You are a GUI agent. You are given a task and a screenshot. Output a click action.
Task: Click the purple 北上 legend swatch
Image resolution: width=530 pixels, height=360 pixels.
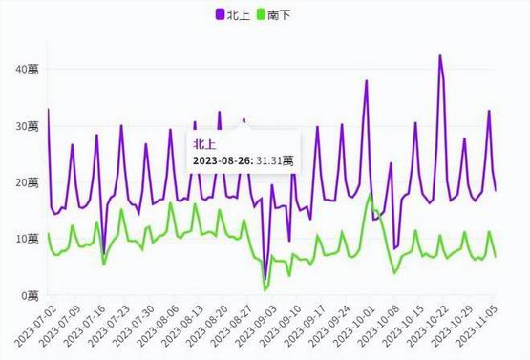pyautogui.click(x=220, y=14)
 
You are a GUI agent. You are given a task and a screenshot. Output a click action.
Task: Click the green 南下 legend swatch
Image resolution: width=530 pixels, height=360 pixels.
pyautogui.click(x=261, y=14)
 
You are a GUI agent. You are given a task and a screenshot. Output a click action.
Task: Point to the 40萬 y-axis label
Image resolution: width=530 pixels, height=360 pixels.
pyautogui.click(x=27, y=70)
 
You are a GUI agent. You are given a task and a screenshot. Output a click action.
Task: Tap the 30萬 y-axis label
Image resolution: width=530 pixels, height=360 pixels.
pyautogui.click(x=27, y=127)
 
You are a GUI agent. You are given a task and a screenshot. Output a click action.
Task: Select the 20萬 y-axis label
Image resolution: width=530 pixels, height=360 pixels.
pyautogui.click(x=27, y=183)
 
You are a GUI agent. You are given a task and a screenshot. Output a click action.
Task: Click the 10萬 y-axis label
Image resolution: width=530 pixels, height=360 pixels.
pyautogui.click(x=27, y=240)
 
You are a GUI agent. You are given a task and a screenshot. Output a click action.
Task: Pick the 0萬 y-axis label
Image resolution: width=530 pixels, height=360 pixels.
pyautogui.click(x=31, y=296)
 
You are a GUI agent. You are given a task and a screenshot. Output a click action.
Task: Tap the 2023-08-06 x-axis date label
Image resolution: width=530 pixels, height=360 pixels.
pyautogui.click(x=157, y=326)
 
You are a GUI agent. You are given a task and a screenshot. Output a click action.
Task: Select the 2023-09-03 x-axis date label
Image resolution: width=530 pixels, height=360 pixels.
pyautogui.click(x=255, y=326)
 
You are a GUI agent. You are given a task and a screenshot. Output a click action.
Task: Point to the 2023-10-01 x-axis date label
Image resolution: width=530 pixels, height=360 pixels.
pyautogui.click(x=353, y=326)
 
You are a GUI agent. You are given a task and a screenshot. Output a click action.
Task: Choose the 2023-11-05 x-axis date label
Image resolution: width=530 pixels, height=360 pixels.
pyautogui.click(x=477, y=326)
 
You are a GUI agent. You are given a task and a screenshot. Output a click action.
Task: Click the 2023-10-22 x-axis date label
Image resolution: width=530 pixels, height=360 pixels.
pyautogui.click(x=427, y=326)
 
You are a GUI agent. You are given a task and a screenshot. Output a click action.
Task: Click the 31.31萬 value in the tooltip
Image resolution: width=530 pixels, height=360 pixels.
pyautogui.click(x=274, y=160)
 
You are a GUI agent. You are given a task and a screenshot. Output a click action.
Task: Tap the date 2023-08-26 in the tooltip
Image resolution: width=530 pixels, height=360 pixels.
pyautogui.click(x=223, y=160)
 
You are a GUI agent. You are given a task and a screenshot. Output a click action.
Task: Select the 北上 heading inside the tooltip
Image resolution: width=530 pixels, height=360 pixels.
pyautogui.click(x=203, y=145)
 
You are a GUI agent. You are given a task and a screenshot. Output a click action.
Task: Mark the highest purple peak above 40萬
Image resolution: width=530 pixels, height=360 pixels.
pyautogui.click(x=439, y=55)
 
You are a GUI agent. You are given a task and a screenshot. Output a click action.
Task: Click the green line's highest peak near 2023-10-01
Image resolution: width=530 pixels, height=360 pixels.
pyautogui.click(x=371, y=195)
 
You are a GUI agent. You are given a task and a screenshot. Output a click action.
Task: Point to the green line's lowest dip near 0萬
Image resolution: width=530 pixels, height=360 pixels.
pyautogui.click(x=265, y=290)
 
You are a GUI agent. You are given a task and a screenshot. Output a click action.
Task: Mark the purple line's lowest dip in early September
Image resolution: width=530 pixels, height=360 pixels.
pyautogui.click(x=265, y=279)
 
